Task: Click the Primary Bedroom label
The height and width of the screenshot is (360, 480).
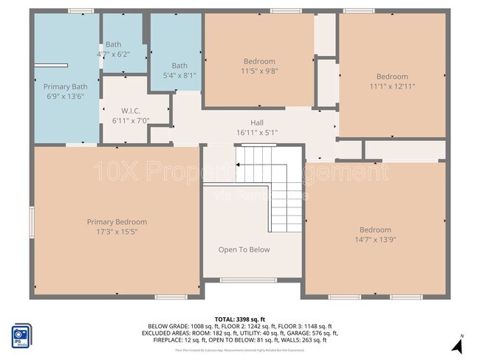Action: coord(117,222)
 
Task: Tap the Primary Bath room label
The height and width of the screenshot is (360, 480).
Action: coord(66,86)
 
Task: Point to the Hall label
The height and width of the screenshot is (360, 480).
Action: coord(256,123)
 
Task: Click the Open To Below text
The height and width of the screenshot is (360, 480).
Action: coord(244,249)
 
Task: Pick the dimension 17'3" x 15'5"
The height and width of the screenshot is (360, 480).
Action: coord(117,232)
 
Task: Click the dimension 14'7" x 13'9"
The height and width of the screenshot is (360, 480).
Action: coord(375,239)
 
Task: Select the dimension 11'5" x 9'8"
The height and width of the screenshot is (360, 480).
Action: coord(259,71)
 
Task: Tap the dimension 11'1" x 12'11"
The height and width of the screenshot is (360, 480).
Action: coord(391,86)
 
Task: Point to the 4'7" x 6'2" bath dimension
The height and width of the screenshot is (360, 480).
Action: coord(113,54)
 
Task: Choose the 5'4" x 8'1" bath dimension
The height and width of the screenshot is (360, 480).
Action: coord(179,75)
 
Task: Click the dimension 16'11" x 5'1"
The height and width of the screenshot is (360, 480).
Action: coord(256,133)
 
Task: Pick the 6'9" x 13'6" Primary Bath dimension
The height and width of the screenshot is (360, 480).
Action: coord(66,96)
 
